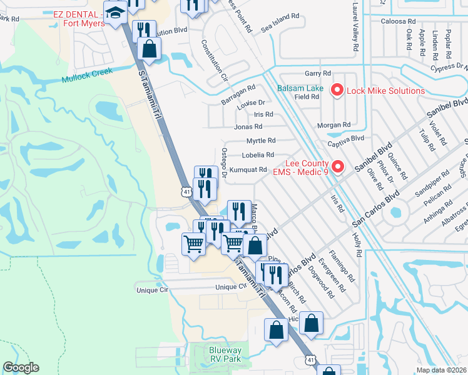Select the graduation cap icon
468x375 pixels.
(115, 13)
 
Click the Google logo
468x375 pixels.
(21, 367)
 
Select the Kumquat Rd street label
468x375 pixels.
(248, 169)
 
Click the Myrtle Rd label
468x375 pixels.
(260, 141)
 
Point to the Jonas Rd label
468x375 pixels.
(248, 127)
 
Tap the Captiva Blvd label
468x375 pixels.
(348, 138)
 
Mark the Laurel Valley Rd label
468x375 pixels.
(355, 26)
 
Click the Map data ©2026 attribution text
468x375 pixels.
(442, 369)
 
